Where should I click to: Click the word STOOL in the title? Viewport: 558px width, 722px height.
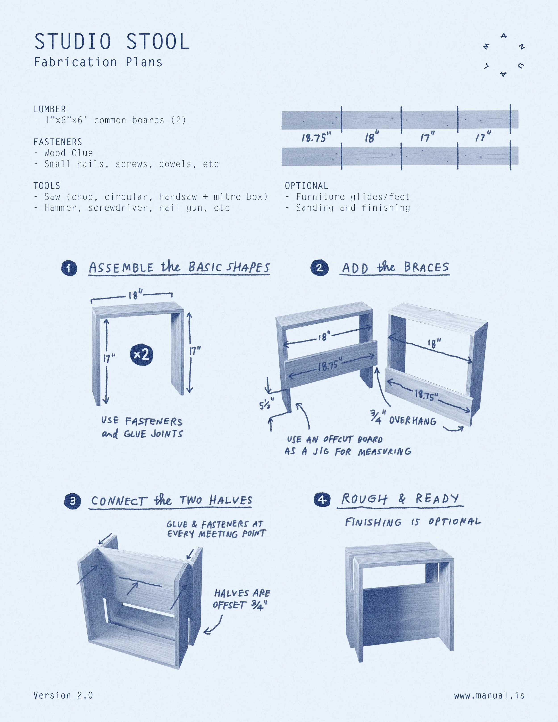click(x=158, y=42)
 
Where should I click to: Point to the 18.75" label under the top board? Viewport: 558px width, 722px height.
click(x=316, y=137)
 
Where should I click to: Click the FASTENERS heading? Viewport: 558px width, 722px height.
click(x=58, y=142)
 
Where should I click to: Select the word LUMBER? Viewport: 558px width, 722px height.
click(x=50, y=109)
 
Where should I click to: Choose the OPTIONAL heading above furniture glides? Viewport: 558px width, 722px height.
click(x=306, y=186)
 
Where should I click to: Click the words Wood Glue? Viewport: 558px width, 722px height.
click(x=69, y=153)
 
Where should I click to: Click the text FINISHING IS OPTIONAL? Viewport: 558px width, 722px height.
click(x=412, y=522)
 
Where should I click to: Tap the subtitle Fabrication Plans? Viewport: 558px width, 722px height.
click(x=98, y=62)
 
